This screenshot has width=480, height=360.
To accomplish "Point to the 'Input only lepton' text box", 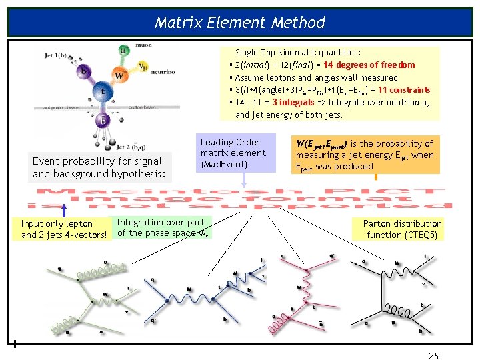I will [x=63, y=229].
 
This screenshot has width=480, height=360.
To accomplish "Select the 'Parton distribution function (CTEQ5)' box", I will [x=402, y=229].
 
